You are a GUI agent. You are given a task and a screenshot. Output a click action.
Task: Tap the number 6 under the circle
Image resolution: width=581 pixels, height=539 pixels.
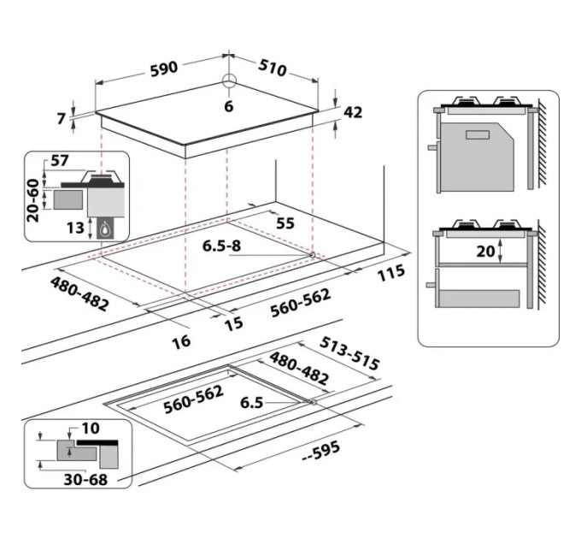(228, 106)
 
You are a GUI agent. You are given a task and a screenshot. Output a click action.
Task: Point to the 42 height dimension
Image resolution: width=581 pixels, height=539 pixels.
(353, 112)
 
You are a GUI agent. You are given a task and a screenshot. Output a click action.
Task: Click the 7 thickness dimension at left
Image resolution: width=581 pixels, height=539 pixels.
(62, 118)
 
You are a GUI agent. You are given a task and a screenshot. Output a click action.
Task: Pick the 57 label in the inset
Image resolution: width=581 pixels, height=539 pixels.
(60, 161)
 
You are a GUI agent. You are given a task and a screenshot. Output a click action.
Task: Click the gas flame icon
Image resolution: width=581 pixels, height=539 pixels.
(106, 228)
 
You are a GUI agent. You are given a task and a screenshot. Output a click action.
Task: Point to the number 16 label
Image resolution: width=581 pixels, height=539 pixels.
(179, 341)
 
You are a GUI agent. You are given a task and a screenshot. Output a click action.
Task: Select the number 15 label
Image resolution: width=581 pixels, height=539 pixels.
(233, 323)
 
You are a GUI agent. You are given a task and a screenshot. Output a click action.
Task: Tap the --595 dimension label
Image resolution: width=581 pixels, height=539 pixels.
(321, 449)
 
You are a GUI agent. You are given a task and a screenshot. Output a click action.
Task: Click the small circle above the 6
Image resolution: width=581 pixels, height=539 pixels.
(229, 81)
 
